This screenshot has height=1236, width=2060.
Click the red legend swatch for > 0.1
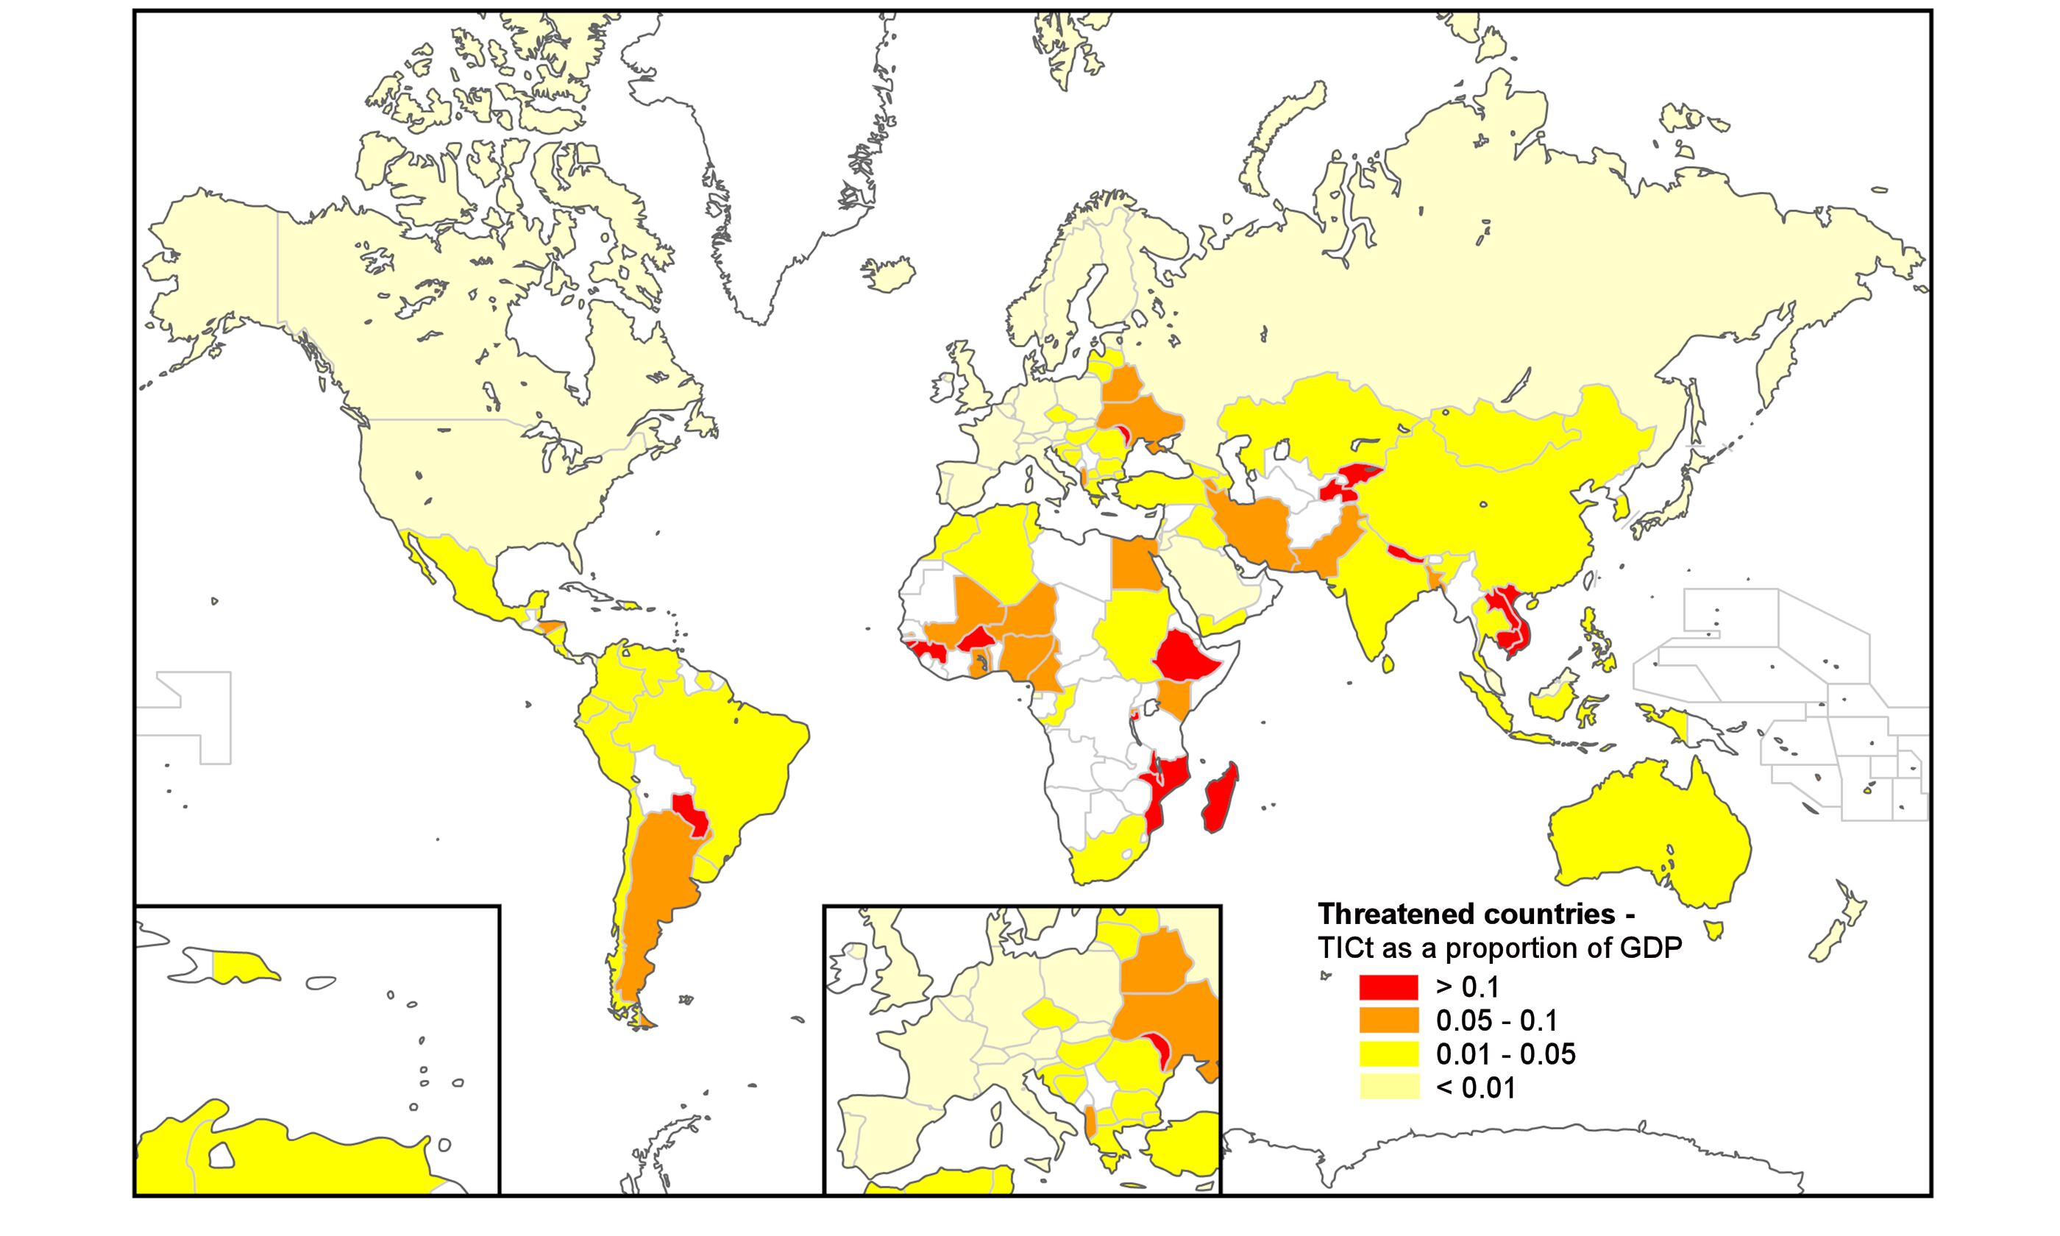pyautogui.click(x=1389, y=988)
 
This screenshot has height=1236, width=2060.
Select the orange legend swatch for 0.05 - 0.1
pyautogui.click(x=1389, y=1021)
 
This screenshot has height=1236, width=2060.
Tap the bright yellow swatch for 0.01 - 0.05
pyautogui.click(x=1389, y=1054)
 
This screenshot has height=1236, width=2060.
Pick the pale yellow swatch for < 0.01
pyautogui.click(x=1389, y=1087)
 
